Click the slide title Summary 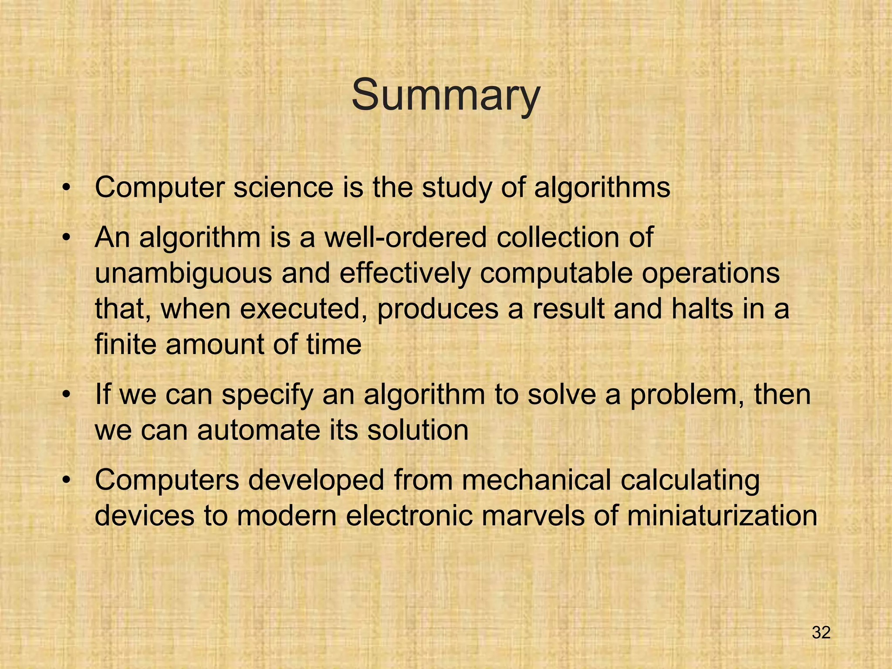pos(446,95)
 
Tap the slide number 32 pos(821,632)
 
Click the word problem pos(686,395)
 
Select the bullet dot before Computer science pos(66,189)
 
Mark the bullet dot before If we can pos(66,395)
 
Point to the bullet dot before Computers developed pos(66,480)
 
